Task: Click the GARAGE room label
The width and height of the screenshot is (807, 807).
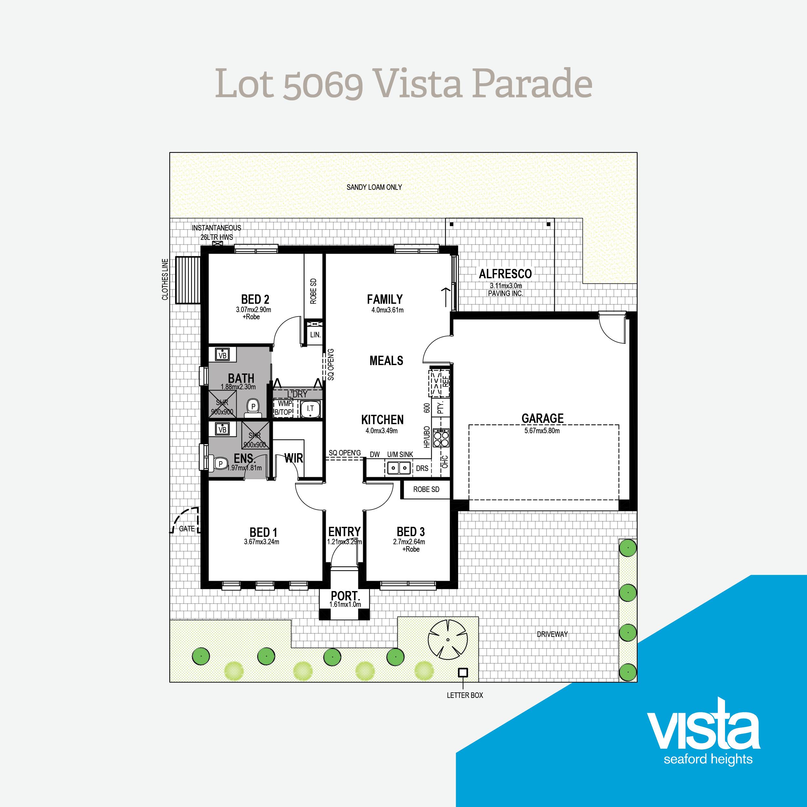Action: pyautogui.click(x=542, y=418)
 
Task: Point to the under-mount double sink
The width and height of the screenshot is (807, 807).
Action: pyautogui.click(x=398, y=468)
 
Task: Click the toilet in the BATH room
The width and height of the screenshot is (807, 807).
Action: pyautogui.click(x=253, y=408)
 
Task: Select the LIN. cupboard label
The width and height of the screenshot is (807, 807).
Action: pyautogui.click(x=315, y=334)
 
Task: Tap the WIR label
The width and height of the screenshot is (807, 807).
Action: pyautogui.click(x=294, y=458)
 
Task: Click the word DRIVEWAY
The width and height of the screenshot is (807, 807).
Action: pyautogui.click(x=552, y=634)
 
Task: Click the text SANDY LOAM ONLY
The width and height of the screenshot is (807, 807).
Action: pyautogui.click(x=374, y=187)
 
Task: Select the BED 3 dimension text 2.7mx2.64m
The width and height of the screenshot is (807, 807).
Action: pyautogui.click(x=409, y=542)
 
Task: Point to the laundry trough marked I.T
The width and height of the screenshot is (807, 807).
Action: pyautogui.click(x=310, y=409)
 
